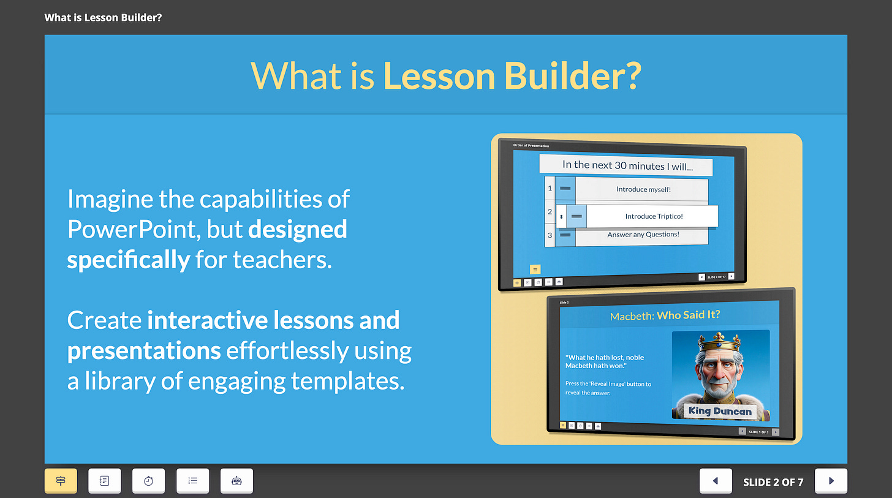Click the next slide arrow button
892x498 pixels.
[831, 481]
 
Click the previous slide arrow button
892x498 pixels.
[716, 481]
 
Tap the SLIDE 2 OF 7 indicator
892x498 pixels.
[773, 482]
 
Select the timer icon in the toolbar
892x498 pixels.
[149, 481]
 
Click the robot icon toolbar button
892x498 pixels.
[236, 481]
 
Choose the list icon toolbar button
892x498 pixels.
[193, 481]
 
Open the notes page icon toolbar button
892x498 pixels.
[105, 481]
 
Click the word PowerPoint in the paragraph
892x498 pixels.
[132, 229]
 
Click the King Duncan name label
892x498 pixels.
[719, 410]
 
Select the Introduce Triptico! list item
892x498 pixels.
[653, 216]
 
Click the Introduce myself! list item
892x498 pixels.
[643, 189]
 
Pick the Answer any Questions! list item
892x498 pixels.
[643, 235]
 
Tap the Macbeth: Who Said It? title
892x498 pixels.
[665, 315]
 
